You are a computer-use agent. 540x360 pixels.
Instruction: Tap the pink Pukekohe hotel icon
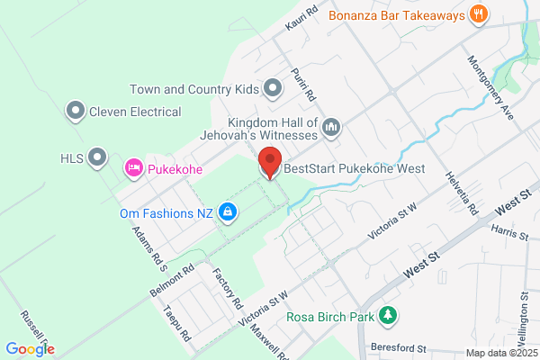click(134, 167)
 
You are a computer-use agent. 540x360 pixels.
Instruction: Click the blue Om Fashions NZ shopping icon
click(229, 212)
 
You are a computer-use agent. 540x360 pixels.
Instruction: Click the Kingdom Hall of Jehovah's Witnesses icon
click(331, 127)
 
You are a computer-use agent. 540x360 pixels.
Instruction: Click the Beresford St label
click(397, 347)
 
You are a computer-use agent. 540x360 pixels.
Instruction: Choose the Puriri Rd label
click(302, 84)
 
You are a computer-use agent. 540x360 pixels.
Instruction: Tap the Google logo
click(30, 349)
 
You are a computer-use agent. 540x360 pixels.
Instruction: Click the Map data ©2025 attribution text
click(500, 353)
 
